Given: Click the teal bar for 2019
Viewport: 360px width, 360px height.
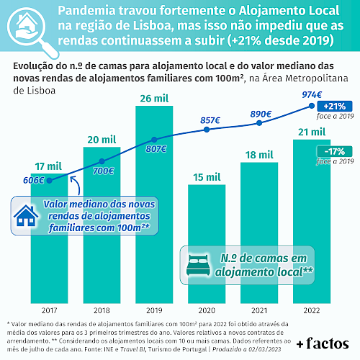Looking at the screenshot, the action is (154, 204).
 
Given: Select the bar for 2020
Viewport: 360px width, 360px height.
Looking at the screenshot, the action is (207, 244).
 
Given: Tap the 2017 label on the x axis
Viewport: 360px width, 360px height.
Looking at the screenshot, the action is (49, 310).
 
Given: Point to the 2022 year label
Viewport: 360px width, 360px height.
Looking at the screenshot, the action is (312, 310).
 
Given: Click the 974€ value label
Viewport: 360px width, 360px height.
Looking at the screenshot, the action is (312, 95).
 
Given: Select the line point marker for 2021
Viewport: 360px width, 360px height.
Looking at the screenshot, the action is (259, 123).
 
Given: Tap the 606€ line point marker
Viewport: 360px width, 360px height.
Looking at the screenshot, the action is (49, 181).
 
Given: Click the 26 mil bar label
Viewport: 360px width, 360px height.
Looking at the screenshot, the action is (154, 99).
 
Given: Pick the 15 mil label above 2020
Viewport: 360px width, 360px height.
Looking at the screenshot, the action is (207, 177).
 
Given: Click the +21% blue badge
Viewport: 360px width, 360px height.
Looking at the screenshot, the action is (335, 107).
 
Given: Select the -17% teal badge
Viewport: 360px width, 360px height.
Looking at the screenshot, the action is (335, 151).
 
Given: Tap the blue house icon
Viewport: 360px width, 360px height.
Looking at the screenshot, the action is (26, 216).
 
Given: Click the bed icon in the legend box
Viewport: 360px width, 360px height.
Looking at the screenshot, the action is (198, 265).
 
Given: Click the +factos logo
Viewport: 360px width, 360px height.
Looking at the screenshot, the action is (323, 343).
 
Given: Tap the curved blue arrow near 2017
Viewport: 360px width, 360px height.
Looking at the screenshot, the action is (77, 184).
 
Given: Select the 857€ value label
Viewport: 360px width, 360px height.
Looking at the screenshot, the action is (210, 120).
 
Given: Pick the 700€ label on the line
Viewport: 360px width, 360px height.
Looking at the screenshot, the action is (103, 171).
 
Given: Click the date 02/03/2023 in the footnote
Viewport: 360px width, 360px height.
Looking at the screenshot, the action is (264, 349).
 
